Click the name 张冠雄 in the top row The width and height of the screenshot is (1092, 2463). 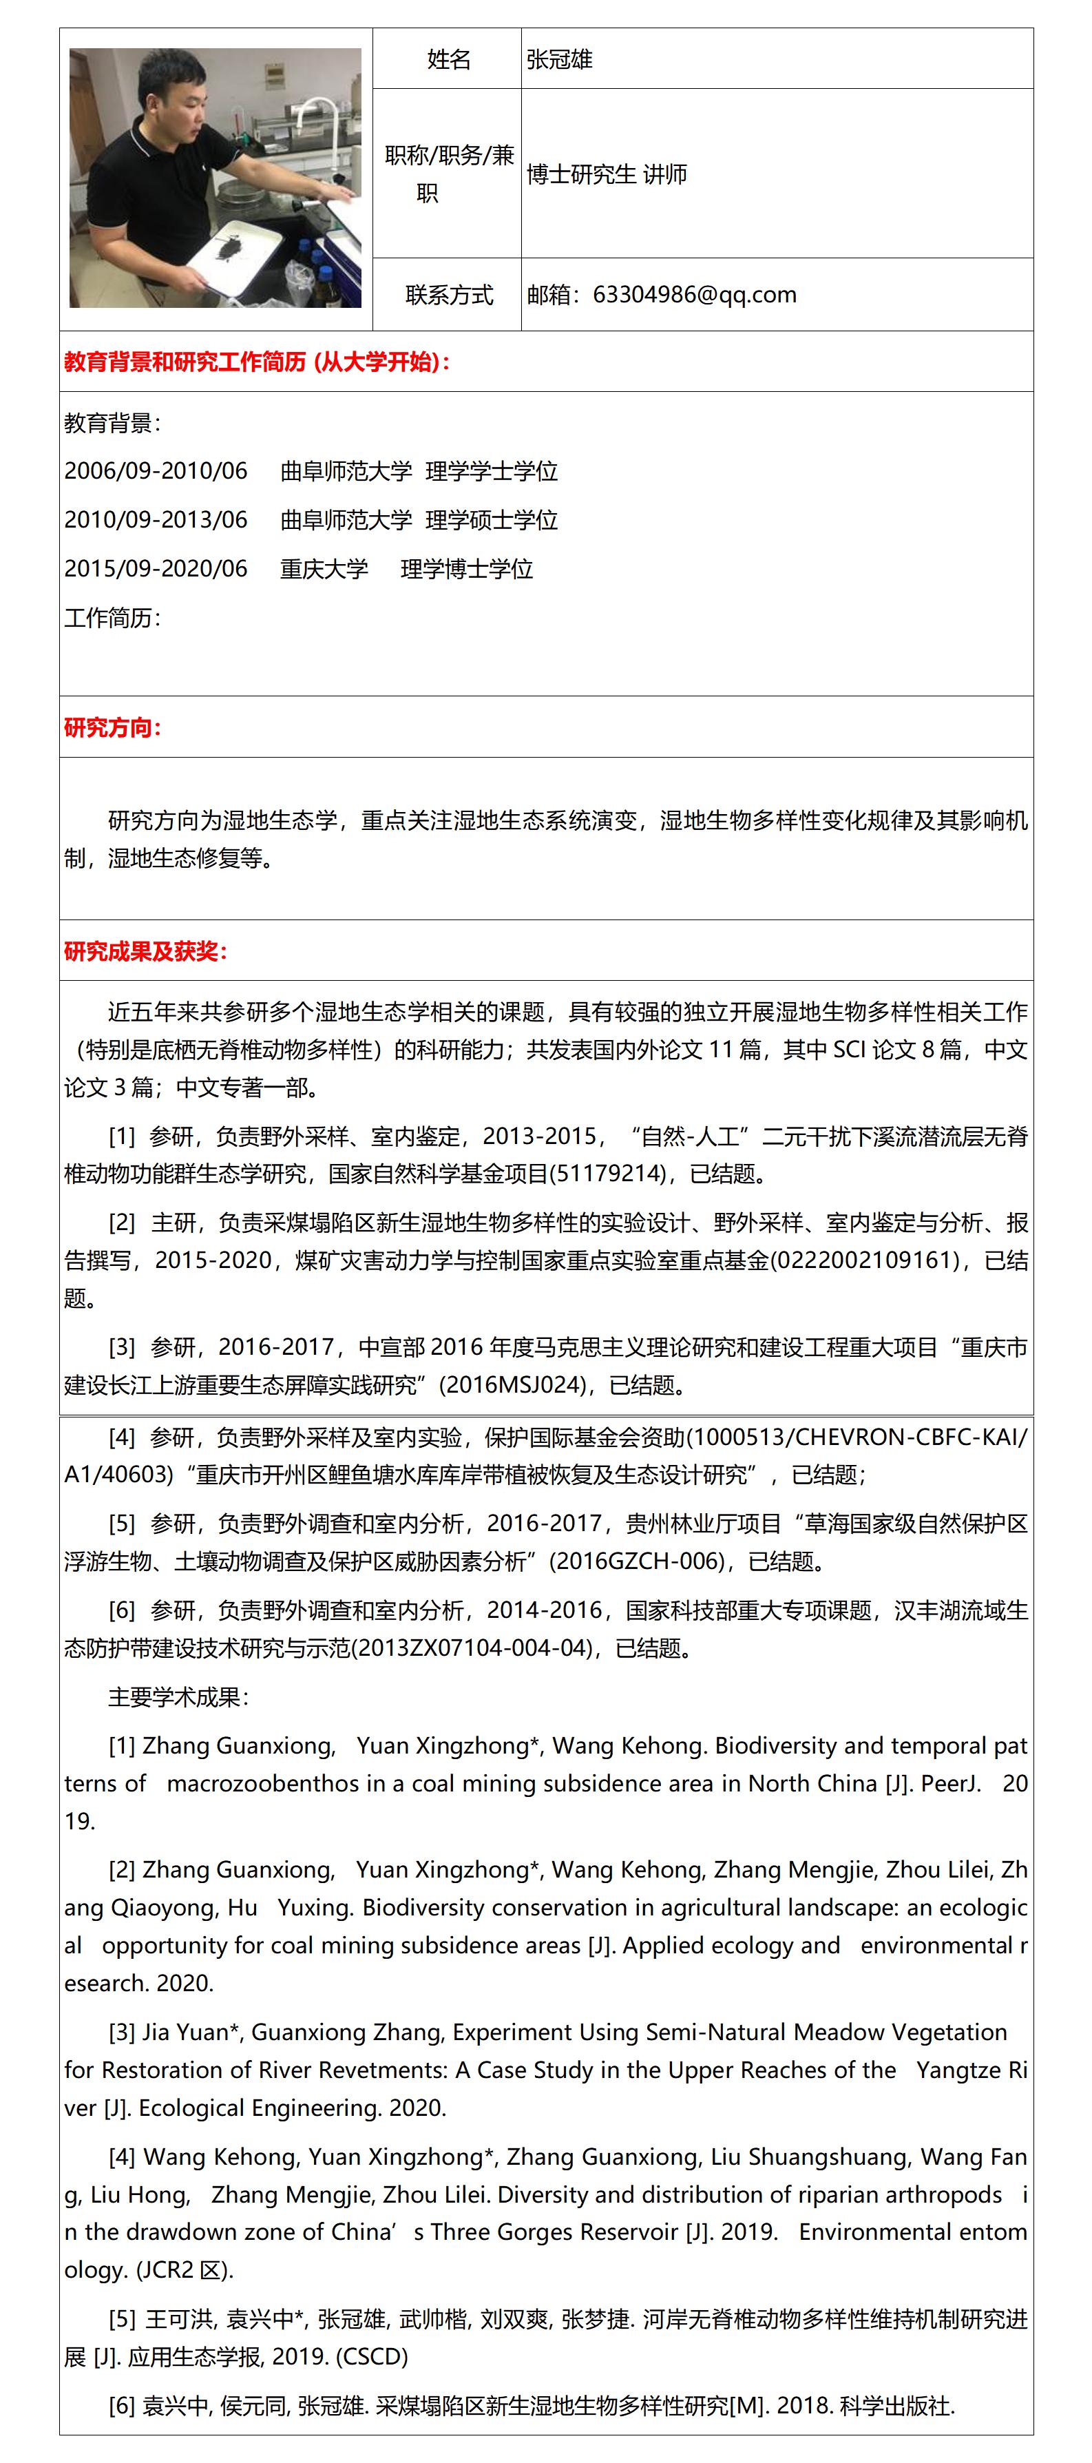[x=559, y=59]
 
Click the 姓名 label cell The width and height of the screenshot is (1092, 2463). [x=448, y=59]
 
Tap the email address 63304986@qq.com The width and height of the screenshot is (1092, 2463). [x=694, y=295]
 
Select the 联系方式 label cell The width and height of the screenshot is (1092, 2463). [x=448, y=295]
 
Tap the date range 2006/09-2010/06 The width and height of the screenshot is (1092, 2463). [x=156, y=470]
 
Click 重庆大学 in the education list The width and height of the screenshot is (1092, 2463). [x=323, y=569]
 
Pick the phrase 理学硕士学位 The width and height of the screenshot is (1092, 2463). [x=492, y=520]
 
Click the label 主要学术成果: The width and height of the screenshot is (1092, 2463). [x=179, y=1697]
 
